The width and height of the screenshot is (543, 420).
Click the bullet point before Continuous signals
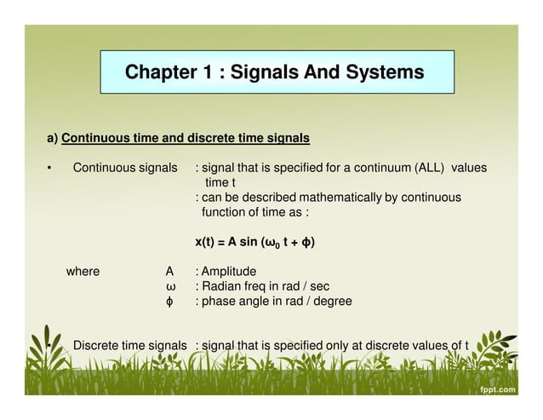pyautogui.click(x=50, y=169)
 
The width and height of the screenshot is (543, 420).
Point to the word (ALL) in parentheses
pyautogui.click(x=430, y=168)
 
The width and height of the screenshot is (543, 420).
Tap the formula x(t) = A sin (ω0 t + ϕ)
pyautogui.click(x=254, y=243)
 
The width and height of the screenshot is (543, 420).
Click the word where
pyautogui.click(x=83, y=272)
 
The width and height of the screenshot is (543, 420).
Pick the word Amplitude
pyautogui.click(x=229, y=272)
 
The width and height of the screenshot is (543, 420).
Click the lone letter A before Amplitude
pyautogui.click(x=169, y=272)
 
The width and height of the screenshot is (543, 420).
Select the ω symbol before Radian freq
pyautogui.click(x=169, y=286)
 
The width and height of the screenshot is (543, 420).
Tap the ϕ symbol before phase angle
pyautogui.click(x=169, y=302)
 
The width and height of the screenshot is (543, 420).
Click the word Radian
pyautogui.click(x=222, y=286)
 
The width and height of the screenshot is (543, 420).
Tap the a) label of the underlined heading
pyautogui.click(x=52, y=138)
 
